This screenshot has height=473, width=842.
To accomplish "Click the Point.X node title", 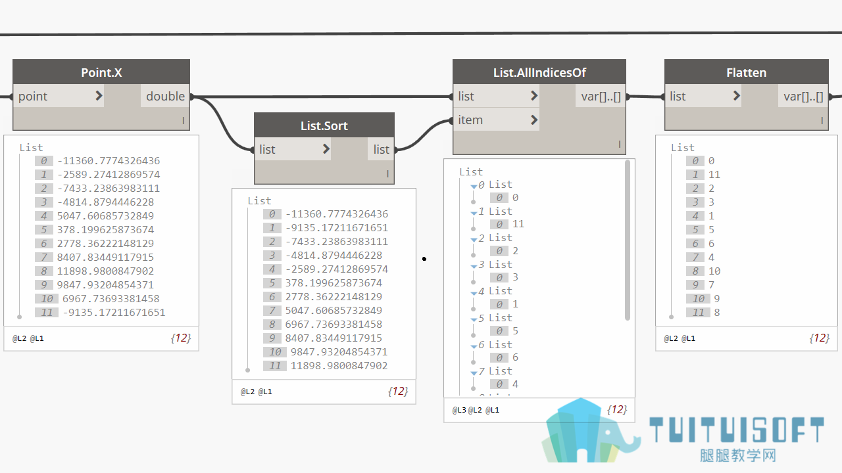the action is [x=101, y=72].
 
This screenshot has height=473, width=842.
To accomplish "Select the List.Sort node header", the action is [x=324, y=125].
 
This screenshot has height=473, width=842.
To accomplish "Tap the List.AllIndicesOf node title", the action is [x=539, y=72].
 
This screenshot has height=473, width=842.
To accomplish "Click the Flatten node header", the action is [x=746, y=72].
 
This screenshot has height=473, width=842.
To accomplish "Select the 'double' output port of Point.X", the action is [x=165, y=96].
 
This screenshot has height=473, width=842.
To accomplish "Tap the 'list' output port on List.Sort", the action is [x=381, y=149].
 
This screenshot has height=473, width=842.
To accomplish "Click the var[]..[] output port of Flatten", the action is [x=803, y=97].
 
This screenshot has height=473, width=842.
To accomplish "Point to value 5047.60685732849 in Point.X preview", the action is [x=105, y=216].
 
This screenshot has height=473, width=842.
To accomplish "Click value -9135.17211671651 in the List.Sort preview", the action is [x=336, y=228].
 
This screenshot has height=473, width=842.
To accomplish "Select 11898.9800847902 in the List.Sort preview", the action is [x=339, y=366].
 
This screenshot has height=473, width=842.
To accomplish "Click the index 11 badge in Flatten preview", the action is [x=698, y=312].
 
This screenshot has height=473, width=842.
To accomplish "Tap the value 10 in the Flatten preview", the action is [x=714, y=271].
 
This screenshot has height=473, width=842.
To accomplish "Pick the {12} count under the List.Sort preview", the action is [x=398, y=391].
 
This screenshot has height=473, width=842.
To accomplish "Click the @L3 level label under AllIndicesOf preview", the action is [x=459, y=410].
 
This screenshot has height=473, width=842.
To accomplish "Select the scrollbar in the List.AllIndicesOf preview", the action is [x=628, y=240].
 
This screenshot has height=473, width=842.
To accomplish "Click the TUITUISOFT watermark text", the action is [x=736, y=430].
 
